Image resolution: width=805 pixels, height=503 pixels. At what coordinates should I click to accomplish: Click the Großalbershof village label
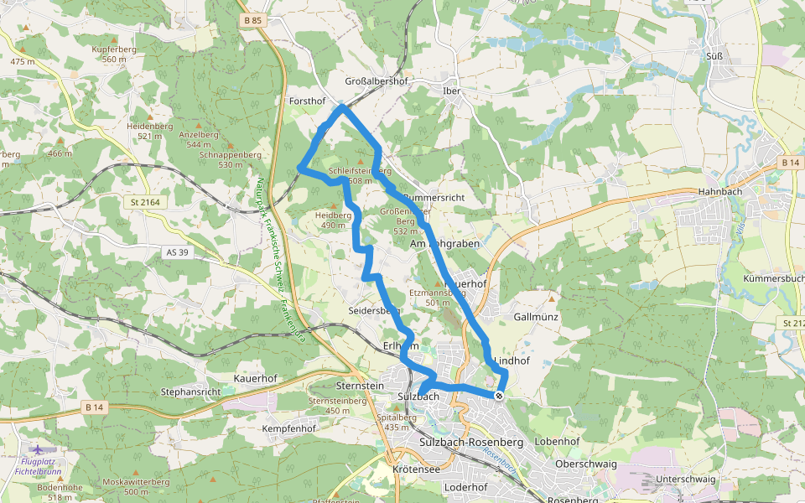point(377,81)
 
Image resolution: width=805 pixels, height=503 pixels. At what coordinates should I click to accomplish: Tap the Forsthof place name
point(306,101)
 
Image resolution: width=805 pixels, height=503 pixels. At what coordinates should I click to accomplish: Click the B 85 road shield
point(252,20)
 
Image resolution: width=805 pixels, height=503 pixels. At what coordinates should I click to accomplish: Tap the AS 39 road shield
point(176,252)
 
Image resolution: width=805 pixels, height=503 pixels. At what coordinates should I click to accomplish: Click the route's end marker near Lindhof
point(499,396)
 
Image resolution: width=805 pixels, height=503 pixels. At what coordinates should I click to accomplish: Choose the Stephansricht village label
point(190,392)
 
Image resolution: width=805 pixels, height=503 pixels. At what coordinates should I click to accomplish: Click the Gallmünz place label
point(536,317)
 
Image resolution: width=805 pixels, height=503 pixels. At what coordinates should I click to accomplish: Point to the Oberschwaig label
point(585,464)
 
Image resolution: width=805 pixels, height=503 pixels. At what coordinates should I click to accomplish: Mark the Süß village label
point(715,56)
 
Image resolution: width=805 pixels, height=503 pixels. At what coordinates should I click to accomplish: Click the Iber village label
point(452,90)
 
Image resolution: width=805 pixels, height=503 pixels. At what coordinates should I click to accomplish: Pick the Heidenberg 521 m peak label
point(149,131)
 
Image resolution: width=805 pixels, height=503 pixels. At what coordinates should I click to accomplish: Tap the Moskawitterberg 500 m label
point(136,486)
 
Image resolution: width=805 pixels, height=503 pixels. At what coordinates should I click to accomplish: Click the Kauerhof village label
point(255,378)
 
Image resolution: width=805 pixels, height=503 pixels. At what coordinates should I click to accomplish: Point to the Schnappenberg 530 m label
point(231,159)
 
